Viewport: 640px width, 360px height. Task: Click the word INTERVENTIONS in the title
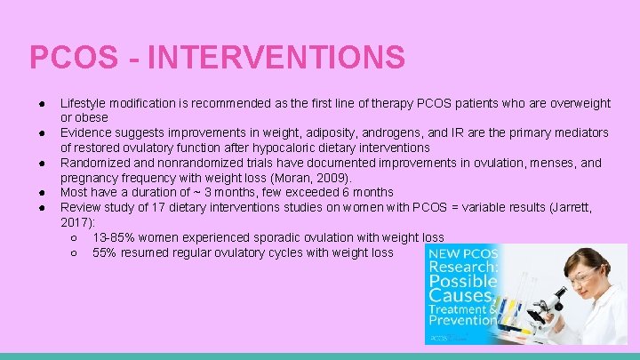point(276,58)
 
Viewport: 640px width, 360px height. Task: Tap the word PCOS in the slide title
point(74,58)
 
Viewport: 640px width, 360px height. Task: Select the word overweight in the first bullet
point(577,104)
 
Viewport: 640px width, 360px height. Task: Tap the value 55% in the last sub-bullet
point(105,252)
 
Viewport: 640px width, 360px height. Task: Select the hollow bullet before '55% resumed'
point(74,252)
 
